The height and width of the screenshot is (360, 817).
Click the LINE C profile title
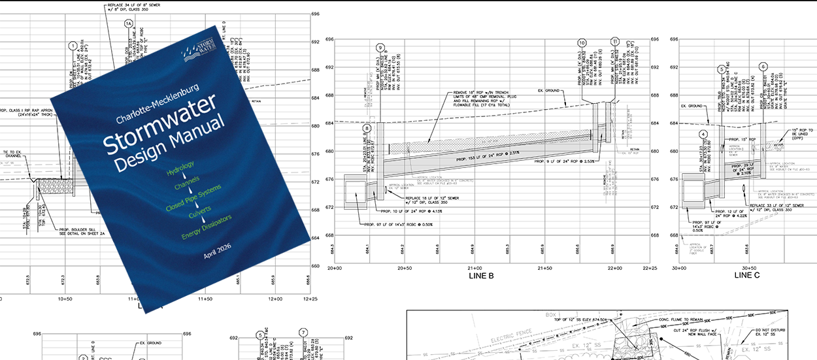click(x=747, y=276)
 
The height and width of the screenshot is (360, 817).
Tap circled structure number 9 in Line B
click(x=380, y=48)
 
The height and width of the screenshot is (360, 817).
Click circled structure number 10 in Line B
click(x=582, y=43)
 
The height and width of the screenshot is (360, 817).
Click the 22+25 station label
click(x=648, y=268)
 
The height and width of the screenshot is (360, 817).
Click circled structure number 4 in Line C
click(x=703, y=134)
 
